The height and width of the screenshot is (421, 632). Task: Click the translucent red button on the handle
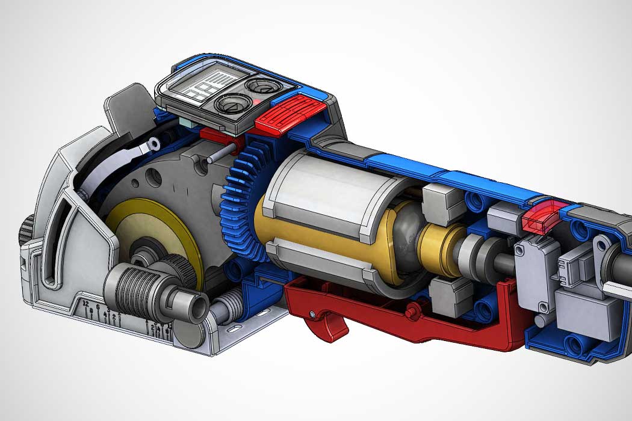(x=539, y=217)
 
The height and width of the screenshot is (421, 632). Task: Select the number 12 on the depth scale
(x=86, y=303)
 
